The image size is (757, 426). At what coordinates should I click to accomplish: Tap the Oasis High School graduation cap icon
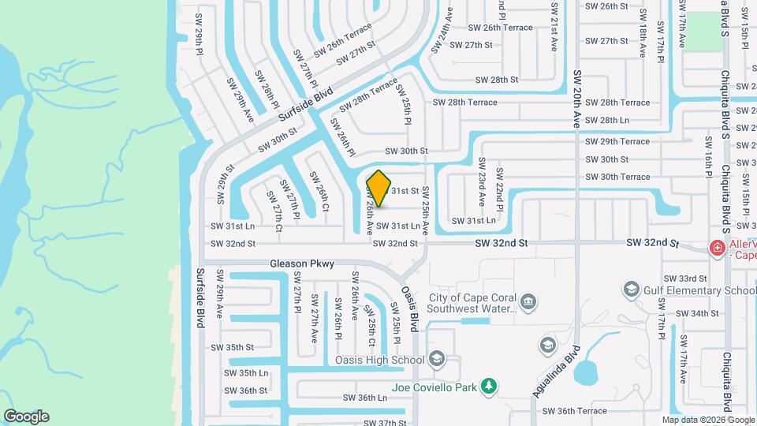click(x=436, y=361)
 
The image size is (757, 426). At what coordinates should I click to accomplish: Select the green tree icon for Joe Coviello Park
click(x=490, y=386)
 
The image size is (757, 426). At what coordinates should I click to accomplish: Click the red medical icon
click(x=717, y=248)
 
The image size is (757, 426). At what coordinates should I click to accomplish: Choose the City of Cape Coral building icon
click(x=528, y=301)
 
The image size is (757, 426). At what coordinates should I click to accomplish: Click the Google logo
click(x=26, y=417)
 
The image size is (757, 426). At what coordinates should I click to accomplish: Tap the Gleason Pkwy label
click(x=302, y=263)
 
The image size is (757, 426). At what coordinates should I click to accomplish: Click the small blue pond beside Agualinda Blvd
click(x=587, y=372)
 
